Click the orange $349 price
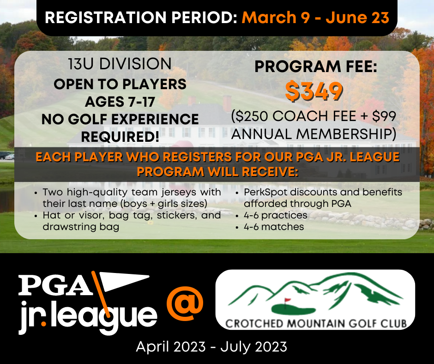tap(314, 91)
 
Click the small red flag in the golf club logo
tap(288, 300)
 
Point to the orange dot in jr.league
tap(43, 323)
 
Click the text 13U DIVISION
tap(120, 64)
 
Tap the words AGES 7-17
tap(120, 102)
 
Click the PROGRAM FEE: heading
tap(316, 67)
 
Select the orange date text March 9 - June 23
tap(315, 18)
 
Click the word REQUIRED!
tap(120, 137)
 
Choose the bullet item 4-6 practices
tap(275, 215)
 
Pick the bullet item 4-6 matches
tap(274, 227)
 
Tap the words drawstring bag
tap(81, 227)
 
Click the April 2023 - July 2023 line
tap(211, 347)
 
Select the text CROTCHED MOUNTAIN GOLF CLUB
tap(316, 323)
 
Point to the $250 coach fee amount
tap(251, 116)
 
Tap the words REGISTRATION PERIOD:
tap(141, 18)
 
